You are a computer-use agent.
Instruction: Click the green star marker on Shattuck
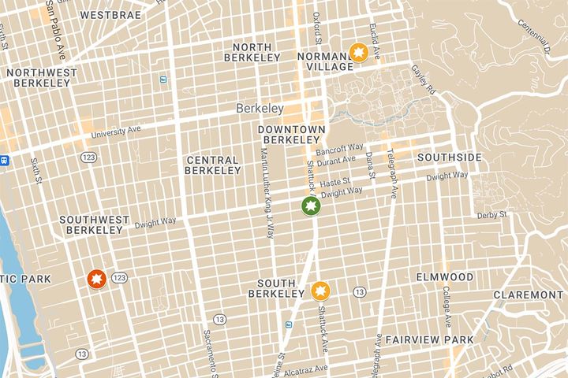click(311, 206)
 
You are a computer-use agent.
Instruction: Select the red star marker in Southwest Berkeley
click(96, 279)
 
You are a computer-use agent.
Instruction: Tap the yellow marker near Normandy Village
click(359, 53)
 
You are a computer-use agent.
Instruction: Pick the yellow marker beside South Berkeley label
click(319, 291)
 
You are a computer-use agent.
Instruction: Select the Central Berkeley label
click(213, 165)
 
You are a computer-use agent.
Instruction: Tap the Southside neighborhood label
click(449, 157)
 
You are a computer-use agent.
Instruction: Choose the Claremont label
click(528, 295)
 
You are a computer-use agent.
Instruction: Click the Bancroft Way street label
click(339, 148)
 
